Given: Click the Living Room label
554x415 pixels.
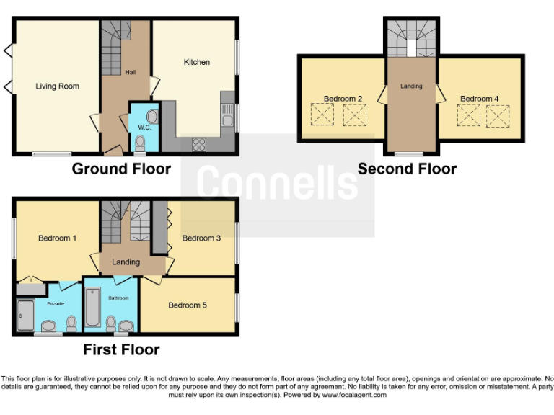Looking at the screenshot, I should click(57, 86).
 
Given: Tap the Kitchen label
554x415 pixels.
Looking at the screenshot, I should click(197, 62).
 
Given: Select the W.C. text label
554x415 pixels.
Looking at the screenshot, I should click(144, 128).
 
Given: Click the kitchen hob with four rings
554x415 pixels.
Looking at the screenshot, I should click(199, 143).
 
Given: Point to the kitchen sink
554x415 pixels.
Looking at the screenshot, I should click(228, 114).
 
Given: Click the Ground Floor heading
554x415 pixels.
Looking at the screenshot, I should click(121, 169).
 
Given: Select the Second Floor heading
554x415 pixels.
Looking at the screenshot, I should click(407, 169).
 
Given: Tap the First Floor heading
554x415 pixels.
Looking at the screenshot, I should click(121, 350).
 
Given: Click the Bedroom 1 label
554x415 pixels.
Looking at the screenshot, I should click(57, 238).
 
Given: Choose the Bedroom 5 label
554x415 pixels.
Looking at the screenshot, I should click(188, 305).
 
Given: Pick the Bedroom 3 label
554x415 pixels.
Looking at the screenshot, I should click(201, 238).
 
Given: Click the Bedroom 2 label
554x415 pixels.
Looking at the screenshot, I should click(343, 99).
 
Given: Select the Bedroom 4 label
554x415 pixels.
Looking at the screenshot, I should click(479, 99).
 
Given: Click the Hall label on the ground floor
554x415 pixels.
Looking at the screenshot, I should click(131, 73).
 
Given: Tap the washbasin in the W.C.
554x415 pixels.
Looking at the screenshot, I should click(152, 117).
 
